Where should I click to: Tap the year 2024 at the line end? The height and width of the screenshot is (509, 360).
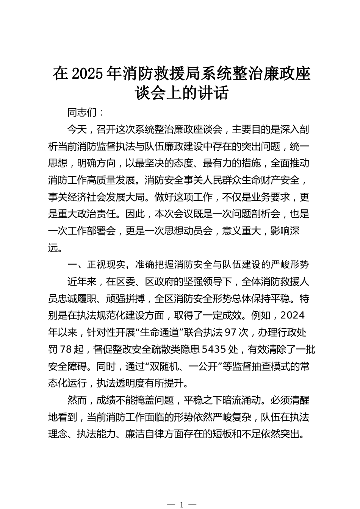(x=294, y=315)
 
